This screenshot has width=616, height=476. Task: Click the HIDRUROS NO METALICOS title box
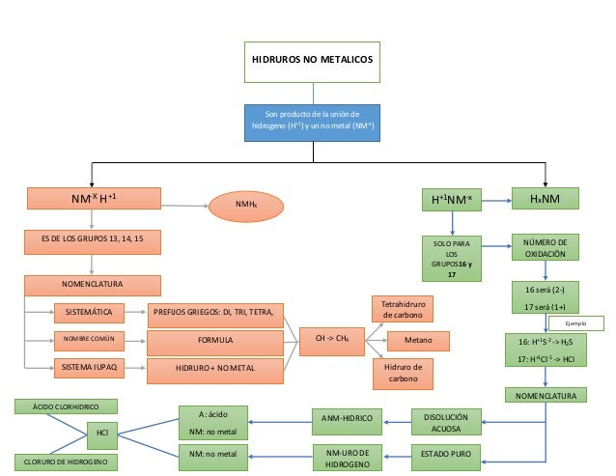coord(311,59)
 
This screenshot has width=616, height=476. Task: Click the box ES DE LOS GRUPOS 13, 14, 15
coord(92,238)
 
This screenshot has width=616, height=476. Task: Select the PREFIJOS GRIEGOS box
coord(215,313)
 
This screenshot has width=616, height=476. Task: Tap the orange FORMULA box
coord(215,341)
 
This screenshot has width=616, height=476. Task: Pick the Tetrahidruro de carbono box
coord(403,309)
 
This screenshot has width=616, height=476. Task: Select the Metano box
coord(418,340)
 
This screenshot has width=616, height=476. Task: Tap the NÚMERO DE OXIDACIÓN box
coord(546,247)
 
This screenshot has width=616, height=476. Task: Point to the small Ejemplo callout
coord(575,323)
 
